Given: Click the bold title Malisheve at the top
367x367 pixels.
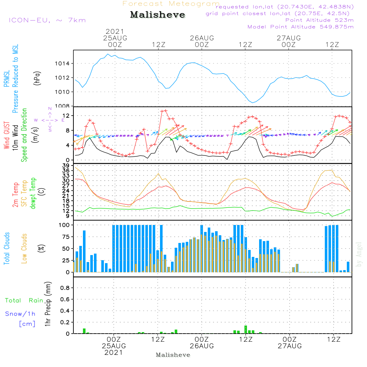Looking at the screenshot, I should (x=157, y=15).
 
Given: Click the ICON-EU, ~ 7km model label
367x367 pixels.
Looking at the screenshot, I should (x=47, y=20).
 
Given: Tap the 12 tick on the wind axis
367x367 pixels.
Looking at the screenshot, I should (x=66, y=116).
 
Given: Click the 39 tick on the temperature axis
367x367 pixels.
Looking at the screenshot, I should (x=66, y=166).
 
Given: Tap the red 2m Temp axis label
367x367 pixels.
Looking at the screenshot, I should (x=15, y=194).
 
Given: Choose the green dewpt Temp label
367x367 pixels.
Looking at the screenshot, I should (x=33, y=193).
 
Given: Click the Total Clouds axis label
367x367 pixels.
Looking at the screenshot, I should (x=7, y=248).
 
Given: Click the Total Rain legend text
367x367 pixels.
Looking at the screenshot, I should (x=24, y=301).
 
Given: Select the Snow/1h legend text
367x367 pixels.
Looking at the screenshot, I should (x=21, y=314).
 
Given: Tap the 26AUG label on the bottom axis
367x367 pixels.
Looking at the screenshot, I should (x=202, y=346).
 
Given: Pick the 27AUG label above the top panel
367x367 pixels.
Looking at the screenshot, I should (x=289, y=38).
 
